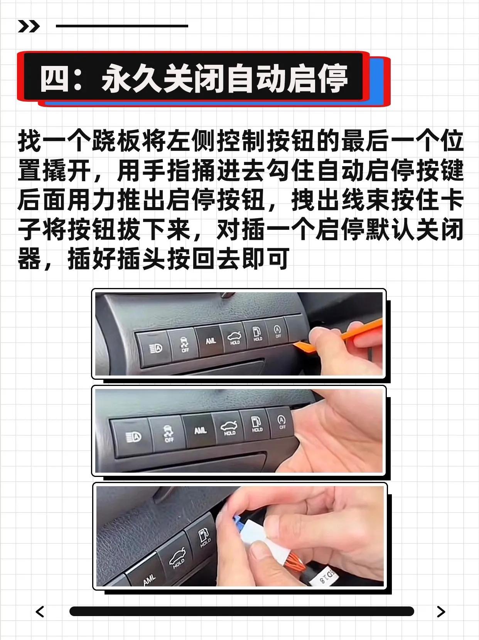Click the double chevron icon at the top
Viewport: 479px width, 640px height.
point(29,26)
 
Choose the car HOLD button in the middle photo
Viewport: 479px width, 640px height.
point(229,428)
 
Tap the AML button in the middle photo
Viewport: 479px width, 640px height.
point(200,431)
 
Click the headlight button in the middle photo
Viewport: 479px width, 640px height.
point(133,437)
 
